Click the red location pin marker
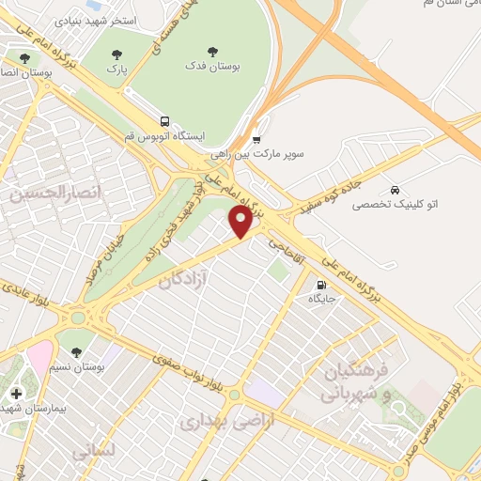click(241, 223)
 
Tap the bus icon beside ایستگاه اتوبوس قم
click(165, 122)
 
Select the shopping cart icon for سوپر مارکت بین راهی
click(256, 140)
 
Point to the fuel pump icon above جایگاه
click(322, 286)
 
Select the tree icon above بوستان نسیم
click(76, 351)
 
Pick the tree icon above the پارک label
click(116, 55)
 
